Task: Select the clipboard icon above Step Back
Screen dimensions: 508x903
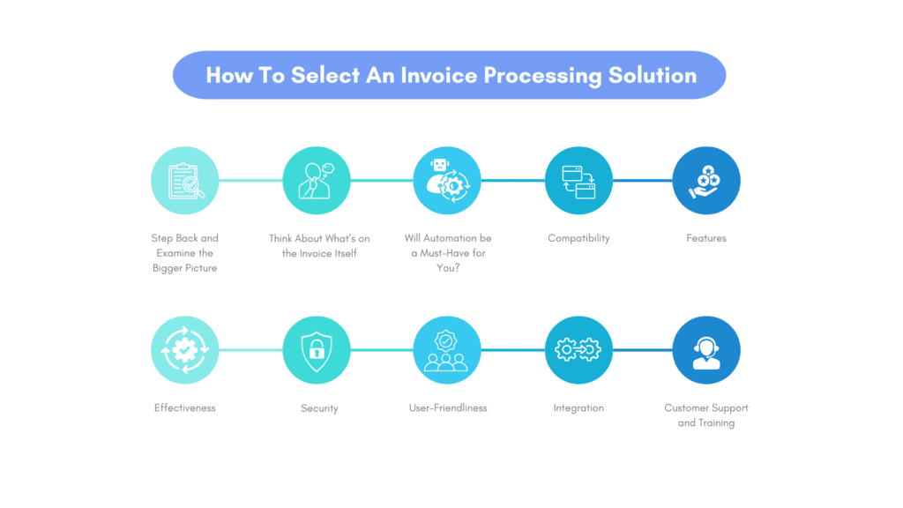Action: coord(185,181)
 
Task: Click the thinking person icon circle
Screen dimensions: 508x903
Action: coord(317,181)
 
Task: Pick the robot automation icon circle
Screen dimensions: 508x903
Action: coord(448,181)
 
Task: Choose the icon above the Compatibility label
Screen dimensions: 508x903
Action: coord(578,181)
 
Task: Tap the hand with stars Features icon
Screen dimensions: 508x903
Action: coord(706,181)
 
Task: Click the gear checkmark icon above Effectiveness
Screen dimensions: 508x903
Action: coord(185,350)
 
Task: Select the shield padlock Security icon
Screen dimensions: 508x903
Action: coord(317,350)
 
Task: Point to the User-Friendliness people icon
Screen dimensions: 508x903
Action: coord(448,350)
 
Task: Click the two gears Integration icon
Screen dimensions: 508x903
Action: coord(578,350)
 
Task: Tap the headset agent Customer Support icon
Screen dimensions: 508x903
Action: coord(706,350)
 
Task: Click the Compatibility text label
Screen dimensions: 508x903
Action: coord(578,238)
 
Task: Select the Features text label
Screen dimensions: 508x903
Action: coord(706,238)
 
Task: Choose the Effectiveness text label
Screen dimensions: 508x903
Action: coord(185,408)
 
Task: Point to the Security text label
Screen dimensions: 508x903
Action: coord(319,408)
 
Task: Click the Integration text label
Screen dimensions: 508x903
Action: coord(578,408)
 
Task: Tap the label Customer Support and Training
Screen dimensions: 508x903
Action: coord(706,415)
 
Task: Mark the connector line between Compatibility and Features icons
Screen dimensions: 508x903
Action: coord(642,181)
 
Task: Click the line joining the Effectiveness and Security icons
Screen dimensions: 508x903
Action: coord(250,350)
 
